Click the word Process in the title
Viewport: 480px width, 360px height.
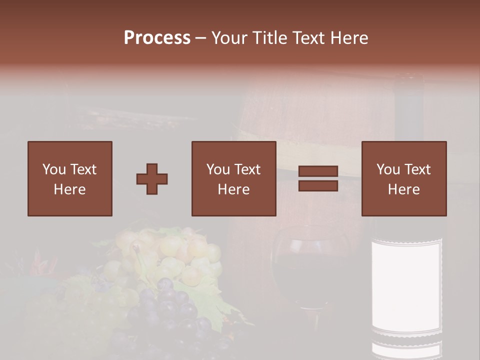click(157, 38)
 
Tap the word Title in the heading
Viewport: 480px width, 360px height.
click(269, 38)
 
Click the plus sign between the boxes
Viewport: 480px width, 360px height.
click(152, 179)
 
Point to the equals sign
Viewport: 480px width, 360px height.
click(318, 178)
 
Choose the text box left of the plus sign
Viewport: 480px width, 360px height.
click(70, 178)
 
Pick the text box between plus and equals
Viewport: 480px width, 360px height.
click(234, 178)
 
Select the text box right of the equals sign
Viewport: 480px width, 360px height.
click(404, 178)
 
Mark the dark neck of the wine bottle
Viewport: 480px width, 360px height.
click(409, 115)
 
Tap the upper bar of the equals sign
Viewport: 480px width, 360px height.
click(318, 171)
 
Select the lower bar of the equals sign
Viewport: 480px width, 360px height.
click(318, 185)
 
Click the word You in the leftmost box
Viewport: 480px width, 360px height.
click(53, 169)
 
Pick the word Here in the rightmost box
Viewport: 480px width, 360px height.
click(404, 189)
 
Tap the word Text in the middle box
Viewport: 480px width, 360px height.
click(247, 169)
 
